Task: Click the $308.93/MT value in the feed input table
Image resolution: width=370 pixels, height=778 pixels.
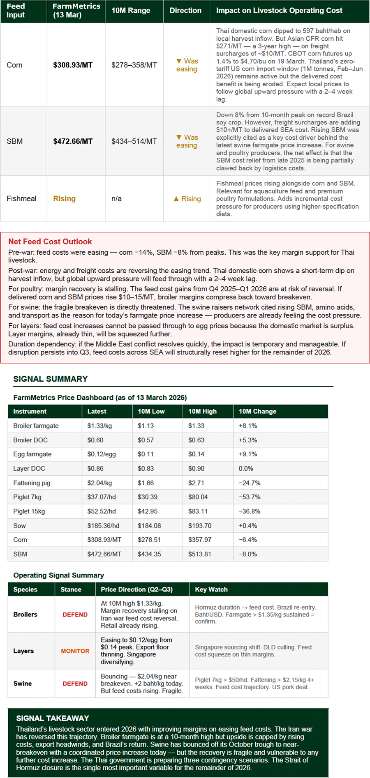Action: coord(73,65)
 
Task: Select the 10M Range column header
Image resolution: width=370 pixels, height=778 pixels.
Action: coord(131,11)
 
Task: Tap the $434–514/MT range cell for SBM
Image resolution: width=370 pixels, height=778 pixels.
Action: coord(134,141)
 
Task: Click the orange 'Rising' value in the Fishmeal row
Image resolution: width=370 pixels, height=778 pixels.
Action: coord(64,199)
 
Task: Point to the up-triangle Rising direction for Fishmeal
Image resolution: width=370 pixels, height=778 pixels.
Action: coord(187,199)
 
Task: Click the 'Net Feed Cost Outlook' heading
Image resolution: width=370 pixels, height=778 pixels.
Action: coord(50,242)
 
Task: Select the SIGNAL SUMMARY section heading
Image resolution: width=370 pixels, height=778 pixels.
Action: coord(50,379)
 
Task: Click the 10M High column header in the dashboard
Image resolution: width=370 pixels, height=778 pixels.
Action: coord(202,411)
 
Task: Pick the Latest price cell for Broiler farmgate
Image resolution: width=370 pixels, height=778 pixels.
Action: coord(99,426)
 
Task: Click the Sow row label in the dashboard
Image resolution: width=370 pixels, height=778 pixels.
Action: coord(19,525)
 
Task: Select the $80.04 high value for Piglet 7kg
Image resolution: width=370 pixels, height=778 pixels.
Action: coord(198,497)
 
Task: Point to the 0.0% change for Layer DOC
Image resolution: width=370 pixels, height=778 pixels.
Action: coord(246,468)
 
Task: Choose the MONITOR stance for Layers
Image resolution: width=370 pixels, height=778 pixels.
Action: coord(75,651)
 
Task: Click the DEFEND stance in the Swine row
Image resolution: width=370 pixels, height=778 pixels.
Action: coord(75,684)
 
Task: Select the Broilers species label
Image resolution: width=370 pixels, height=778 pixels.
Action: coord(25,615)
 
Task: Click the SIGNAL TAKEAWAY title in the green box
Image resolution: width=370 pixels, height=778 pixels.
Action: coord(52,718)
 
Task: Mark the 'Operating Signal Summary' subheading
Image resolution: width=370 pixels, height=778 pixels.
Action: coord(58,575)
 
